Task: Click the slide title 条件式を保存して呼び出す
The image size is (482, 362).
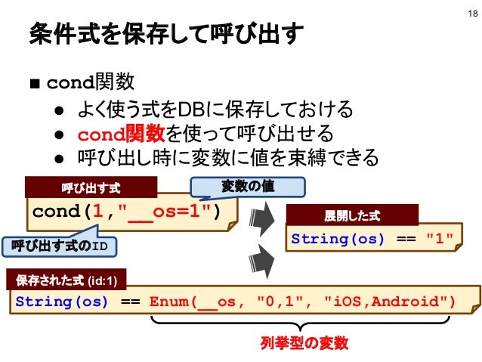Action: (x=166, y=34)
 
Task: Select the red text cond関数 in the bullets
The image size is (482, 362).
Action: (x=122, y=135)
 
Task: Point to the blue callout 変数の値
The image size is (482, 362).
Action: (x=247, y=186)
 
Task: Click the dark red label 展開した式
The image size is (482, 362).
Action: (x=352, y=216)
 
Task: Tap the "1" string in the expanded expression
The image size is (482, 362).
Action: (x=439, y=239)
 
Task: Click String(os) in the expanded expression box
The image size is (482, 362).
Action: (x=338, y=239)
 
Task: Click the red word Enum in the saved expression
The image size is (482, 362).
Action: (x=168, y=302)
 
